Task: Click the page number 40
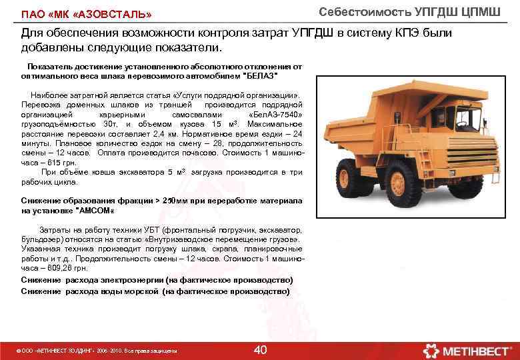click(261, 350)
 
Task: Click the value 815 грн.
click(65, 162)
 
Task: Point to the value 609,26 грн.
click(65, 267)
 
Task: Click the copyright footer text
click(99, 351)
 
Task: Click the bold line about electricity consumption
click(157, 280)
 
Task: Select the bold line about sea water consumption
click(155, 291)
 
